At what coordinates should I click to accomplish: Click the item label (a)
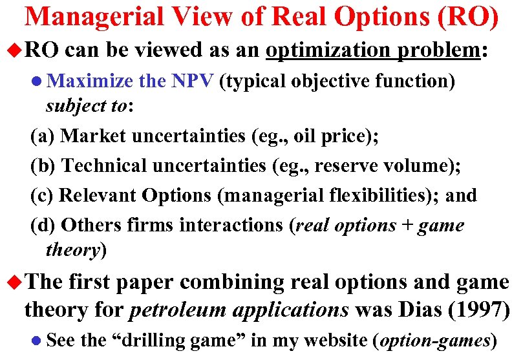click(x=43, y=136)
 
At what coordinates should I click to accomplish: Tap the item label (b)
click(x=44, y=166)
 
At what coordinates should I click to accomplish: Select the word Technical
click(x=103, y=166)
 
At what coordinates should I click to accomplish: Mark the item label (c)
click(x=43, y=195)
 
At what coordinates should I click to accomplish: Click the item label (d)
click(x=44, y=225)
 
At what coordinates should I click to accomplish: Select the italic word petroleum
click(x=173, y=310)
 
